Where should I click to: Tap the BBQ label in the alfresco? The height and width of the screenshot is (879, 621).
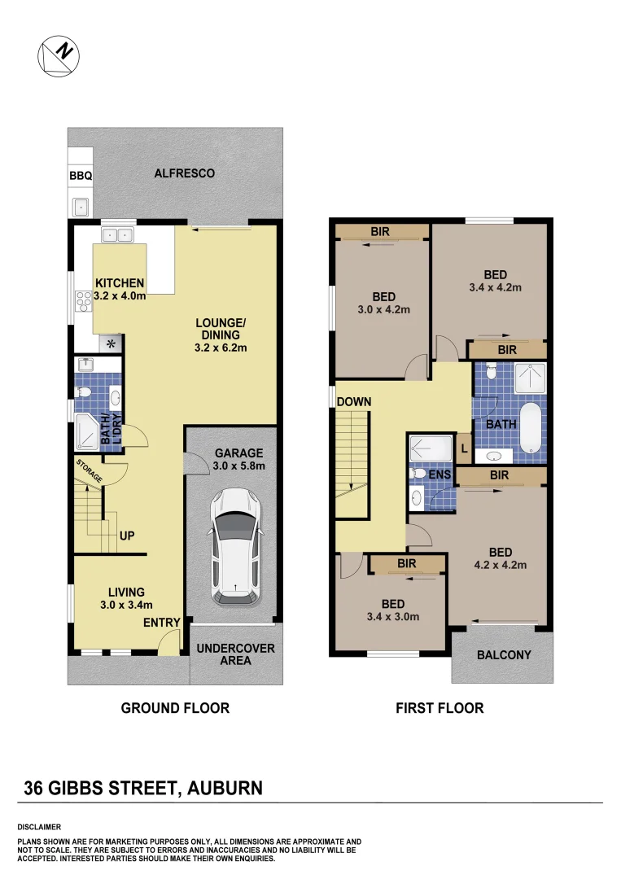pyautogui.click(x=81, y=175)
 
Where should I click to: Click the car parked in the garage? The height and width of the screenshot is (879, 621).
pyautogui.click(x=234, y=547)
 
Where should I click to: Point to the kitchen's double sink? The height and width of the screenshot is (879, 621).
pyautogui.click(x=117, y=235)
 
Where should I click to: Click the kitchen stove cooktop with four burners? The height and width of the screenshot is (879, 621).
pyautogui.click(x=82, y=303)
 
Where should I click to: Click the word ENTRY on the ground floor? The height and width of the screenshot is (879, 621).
pyautogui.click(x=161, y=623)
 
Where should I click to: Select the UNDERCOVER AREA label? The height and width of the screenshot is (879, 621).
pyautogui.click(x=237, y=654)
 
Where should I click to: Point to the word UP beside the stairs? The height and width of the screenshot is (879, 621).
pyautogui.click(x=128, y=536)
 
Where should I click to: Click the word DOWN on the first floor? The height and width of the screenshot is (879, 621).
pyautogui.click(x=354, y=401)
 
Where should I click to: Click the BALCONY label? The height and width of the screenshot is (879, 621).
pyautogui.click(x=504, y=654)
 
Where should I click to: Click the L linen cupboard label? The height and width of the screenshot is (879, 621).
pyautogui.click(x=464, y=448)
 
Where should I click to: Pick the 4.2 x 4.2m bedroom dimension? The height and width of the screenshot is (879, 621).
pyautogui.click(x=500, y=565)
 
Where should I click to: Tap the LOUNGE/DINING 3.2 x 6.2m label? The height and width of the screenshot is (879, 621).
pyautogui.click(x=221, y=335)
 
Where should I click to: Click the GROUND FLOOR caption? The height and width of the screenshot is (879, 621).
pyautogui.click(x=175, y=708)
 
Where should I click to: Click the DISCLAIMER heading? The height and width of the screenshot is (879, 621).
pyautogui.click(x=39, y=826)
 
